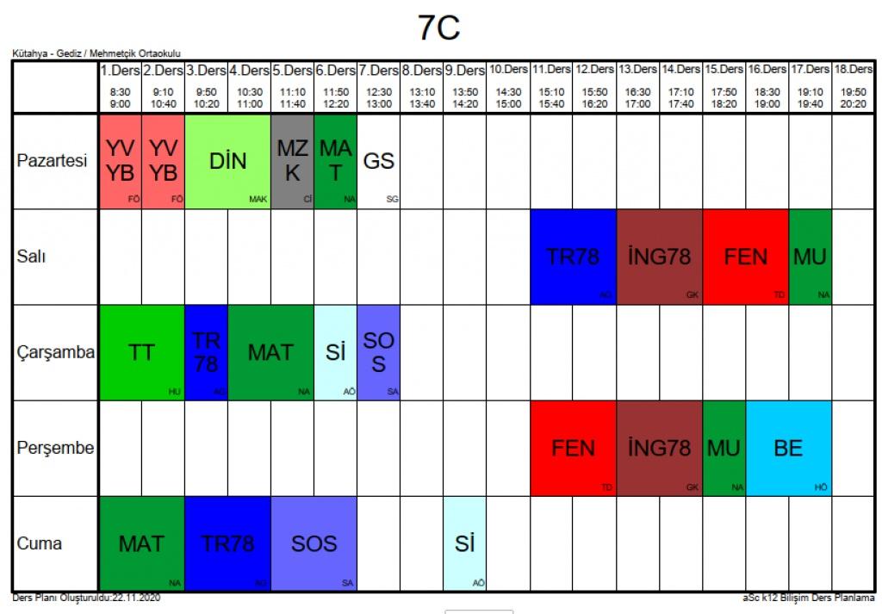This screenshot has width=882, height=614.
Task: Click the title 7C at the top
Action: [x=439, y=28]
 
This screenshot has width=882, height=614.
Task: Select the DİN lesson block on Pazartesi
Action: [x=227, y=161]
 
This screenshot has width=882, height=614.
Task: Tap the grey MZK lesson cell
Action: [x=292, y=161]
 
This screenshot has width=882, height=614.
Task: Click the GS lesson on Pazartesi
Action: [x=378, y=161]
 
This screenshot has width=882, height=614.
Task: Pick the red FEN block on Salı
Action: [x=746, y=257]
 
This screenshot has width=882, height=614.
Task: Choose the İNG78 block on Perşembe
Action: [x=660, y=448]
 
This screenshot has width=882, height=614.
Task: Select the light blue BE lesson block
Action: [x=788, y=448]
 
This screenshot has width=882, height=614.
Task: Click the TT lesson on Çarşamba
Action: [x=142, y=352]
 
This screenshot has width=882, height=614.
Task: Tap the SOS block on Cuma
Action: [x=314, y=543]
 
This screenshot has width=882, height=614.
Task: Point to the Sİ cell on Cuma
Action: [x=465, y=543]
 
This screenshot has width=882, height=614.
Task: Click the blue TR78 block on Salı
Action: [x=573, y=257]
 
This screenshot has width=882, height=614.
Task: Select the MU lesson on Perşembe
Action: [x=724, y=448]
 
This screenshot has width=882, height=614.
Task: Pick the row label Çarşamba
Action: [x=55, y=352]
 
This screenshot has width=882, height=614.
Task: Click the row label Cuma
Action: [x=40, y=543]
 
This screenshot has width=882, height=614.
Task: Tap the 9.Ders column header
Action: [x=465, y=70]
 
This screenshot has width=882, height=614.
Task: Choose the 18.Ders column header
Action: [x=853, y=69]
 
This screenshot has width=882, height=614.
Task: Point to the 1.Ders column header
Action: [x=120, y=70]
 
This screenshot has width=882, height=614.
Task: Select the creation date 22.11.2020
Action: [x=135, y=597]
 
